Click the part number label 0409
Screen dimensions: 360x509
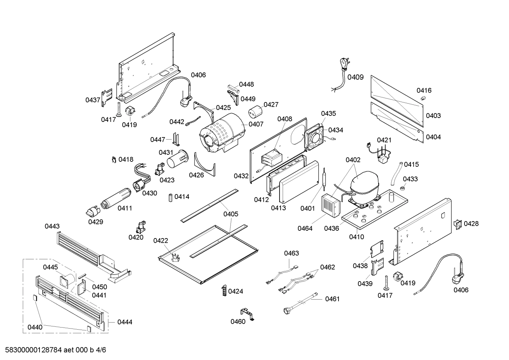355,77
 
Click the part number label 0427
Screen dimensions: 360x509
271,105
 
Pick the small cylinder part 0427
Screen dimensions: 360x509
255,112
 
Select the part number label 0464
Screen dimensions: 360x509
305,228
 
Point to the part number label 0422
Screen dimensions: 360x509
161,241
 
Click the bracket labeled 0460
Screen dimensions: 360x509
248,314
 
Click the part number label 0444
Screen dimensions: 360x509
125,322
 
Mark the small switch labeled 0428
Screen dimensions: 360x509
457,224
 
